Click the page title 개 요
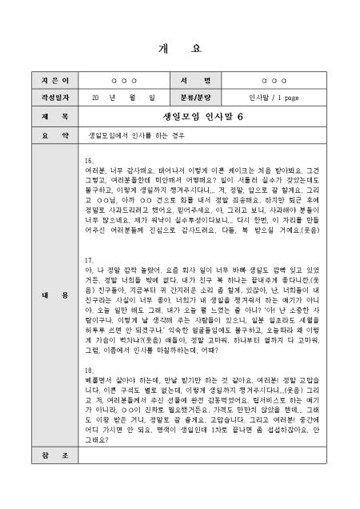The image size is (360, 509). (180, 49)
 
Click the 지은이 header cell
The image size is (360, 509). (44, 82)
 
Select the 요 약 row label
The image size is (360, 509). (44, 134)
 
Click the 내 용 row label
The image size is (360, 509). (44, 296)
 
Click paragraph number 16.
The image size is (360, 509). (89, 160)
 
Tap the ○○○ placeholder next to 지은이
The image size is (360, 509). (123, 82)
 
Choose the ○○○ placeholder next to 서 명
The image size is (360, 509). (274, 82)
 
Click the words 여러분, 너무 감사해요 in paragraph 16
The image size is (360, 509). (116, 170)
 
